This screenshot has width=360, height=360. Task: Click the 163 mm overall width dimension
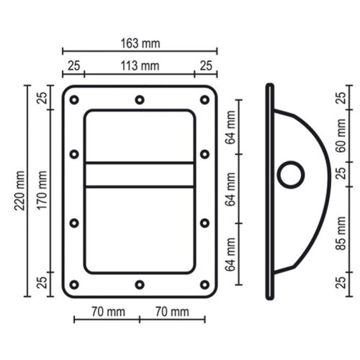point(140,44)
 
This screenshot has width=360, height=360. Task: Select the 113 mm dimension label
point(140,66)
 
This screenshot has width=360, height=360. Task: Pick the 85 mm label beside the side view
point(341,235)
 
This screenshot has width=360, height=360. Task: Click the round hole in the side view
point(292,174)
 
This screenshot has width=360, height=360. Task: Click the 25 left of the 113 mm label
point(73,66)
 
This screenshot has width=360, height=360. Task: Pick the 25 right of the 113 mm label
point(205,66)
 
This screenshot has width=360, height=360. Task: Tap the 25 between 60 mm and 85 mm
point(341,173)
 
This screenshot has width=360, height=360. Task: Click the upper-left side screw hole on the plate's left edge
point(74,153)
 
